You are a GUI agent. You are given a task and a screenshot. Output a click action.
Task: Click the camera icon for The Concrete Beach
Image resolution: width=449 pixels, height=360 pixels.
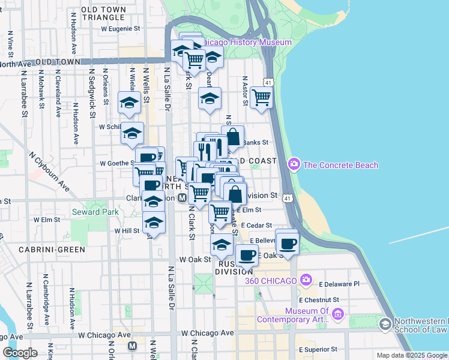click(x=294, y=163)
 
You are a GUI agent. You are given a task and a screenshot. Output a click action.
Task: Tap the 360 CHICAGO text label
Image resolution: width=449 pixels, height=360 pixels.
click(x=271, y=281)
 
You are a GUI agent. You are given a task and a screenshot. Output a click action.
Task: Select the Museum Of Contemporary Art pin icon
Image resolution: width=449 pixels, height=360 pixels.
click(x=337, y=314)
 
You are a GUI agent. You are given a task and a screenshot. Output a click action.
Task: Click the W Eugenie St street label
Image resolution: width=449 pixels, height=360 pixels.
click(x=120, y=28)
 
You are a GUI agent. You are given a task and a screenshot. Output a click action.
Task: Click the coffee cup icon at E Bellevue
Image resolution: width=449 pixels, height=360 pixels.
click(x=288, y=243)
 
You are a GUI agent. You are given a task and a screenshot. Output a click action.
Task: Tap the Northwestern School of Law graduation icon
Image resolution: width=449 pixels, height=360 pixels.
click(x=385, y=325)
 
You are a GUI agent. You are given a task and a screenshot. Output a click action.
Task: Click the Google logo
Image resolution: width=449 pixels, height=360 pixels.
click(x=20, y=353)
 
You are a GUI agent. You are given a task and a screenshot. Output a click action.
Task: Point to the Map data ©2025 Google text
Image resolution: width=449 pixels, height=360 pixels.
click(x=411, y=355)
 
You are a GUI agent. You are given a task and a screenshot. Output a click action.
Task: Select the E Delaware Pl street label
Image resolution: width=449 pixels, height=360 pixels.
click(x=339, y=284)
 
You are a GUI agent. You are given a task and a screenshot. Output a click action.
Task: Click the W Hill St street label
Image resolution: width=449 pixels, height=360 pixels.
click(x=127, y=230)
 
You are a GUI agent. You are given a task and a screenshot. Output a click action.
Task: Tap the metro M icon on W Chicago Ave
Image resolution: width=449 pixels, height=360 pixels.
click(x=133, y=346)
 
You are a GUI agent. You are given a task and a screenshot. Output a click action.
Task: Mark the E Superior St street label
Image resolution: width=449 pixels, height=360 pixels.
click(x=318, y=349)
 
